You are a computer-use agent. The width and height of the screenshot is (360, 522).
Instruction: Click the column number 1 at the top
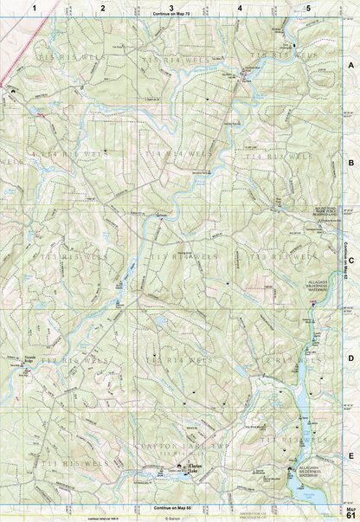35,8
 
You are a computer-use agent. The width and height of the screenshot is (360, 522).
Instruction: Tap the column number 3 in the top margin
171,8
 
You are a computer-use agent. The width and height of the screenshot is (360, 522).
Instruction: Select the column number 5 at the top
308,8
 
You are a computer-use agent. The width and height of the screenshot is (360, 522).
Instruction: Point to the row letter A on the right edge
350,66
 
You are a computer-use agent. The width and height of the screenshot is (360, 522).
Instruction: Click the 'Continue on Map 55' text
170,507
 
